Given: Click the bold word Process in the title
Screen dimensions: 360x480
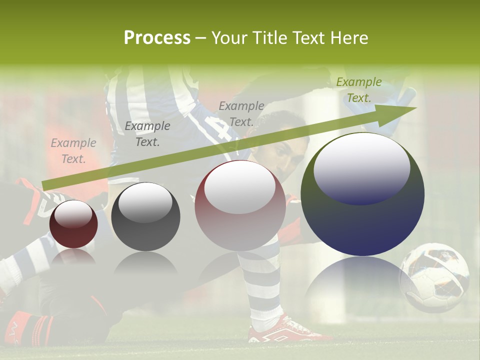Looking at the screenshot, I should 157,38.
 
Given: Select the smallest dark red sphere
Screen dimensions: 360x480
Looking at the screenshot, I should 73,224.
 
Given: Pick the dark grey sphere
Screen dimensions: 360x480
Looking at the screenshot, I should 145,216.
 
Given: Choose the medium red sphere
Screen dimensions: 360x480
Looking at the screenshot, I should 240,205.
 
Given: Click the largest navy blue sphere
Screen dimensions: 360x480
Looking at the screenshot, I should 362,194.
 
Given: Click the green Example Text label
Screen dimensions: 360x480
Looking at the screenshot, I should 358,90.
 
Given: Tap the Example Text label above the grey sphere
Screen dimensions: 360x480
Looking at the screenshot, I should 147,134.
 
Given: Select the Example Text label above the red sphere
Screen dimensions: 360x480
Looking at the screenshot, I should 241,113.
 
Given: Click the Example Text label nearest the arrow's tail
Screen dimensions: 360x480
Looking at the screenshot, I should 73,150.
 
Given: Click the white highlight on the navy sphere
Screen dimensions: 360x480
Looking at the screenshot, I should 361,167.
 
